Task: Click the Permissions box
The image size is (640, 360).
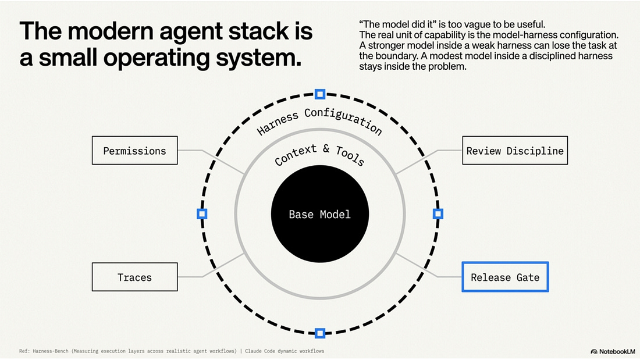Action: coord(135,150)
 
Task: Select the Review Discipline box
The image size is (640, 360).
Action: coord(515,150)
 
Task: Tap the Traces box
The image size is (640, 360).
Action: coord(135,277)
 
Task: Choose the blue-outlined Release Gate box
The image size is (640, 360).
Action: coord(505,277)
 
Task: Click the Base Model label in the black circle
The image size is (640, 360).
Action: coord(319,214)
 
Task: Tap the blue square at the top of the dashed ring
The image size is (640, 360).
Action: coord(320,94)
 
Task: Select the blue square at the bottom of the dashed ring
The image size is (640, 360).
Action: coord(320,333)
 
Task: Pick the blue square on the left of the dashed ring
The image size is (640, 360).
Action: coord(202,213)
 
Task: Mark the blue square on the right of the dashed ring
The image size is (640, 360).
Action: coord(438,213)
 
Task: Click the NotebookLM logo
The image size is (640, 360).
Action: coord(613,351)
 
